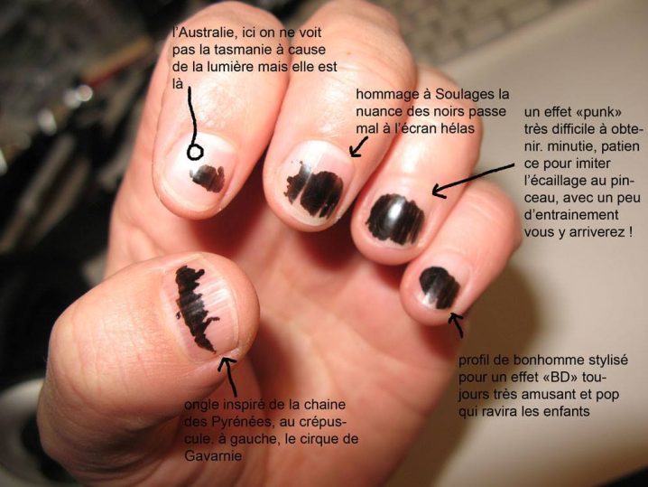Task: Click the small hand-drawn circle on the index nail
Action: tap(195, 152)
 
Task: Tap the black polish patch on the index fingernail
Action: tap(208, 178)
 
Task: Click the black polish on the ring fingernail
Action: tap(395, 219)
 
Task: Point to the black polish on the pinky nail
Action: tap(440, 287)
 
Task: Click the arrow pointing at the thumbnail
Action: tap(228, 376)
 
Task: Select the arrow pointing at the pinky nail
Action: tap(457, 324)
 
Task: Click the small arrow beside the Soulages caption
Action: tap(358, 147)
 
